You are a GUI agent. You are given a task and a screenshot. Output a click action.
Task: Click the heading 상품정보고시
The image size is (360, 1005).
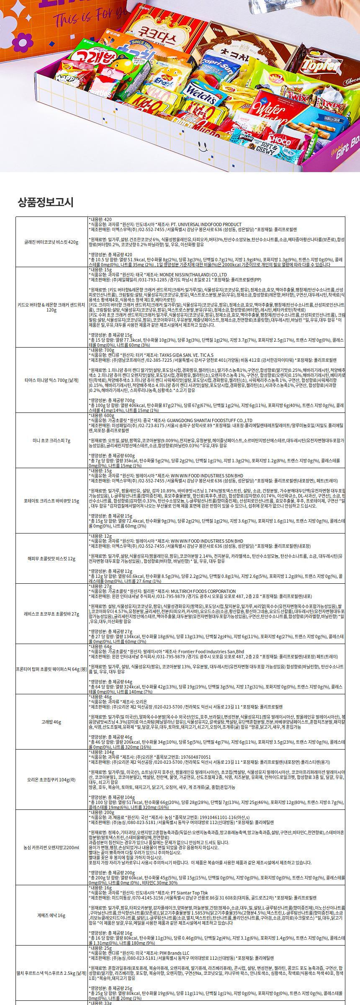pyautogui.click(x=46, y=202)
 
